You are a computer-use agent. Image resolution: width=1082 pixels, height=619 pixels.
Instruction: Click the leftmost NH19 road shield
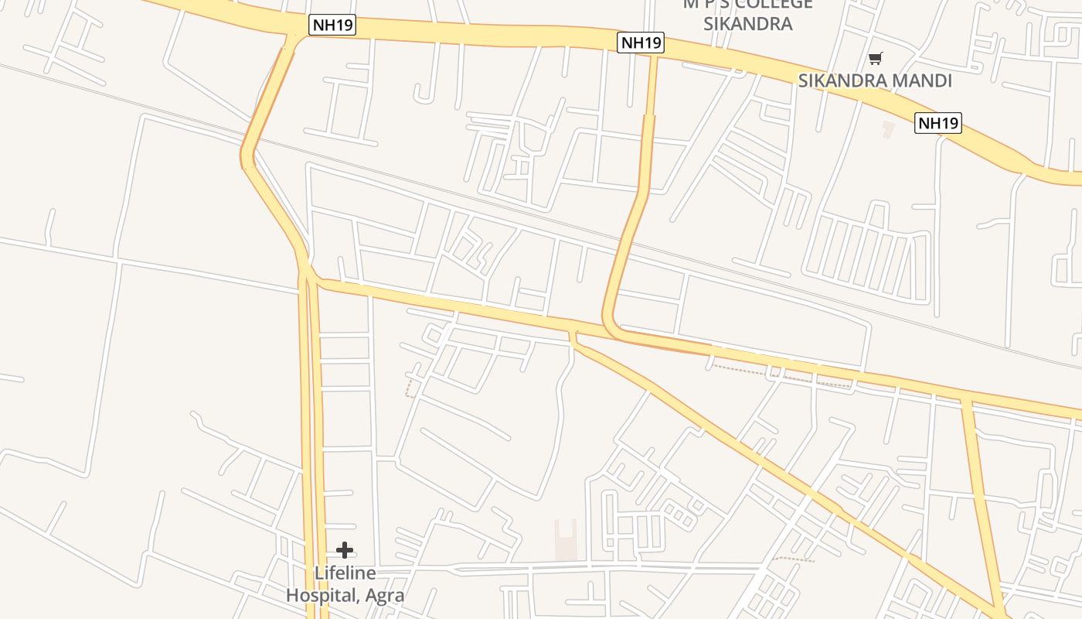click(332, 25)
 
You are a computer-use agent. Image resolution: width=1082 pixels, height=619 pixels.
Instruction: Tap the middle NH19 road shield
click(641, 43)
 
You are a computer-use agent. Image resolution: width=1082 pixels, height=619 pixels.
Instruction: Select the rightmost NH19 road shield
click(937, 122)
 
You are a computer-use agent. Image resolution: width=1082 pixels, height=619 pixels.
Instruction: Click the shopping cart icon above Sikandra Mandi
click(875, 58)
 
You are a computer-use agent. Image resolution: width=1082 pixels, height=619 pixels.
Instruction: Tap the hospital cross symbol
click(345, 550)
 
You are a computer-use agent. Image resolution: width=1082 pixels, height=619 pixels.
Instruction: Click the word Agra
click(385, 596)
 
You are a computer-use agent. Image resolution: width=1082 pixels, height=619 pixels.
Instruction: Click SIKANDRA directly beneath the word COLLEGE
click(747, 23)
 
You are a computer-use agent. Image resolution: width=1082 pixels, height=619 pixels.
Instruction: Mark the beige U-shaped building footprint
click(566, 539)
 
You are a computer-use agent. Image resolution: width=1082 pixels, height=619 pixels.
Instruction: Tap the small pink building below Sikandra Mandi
click(888, 128)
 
